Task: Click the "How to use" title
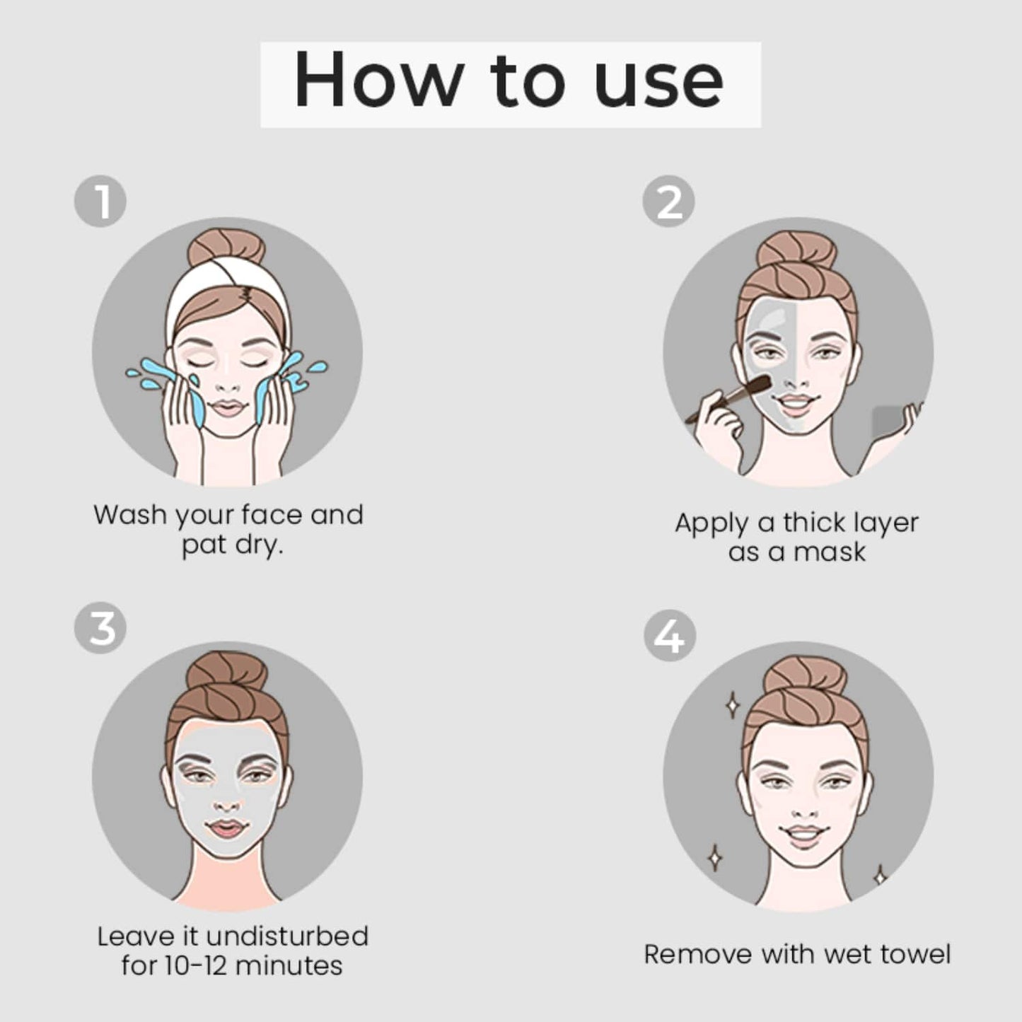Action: click(509, 81)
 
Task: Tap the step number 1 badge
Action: click(100, 202)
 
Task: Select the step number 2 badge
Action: click(668, 202)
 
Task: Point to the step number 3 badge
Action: click(100, 627)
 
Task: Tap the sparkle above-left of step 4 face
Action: click(733, 704)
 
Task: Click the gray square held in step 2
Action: click(887, 422)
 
